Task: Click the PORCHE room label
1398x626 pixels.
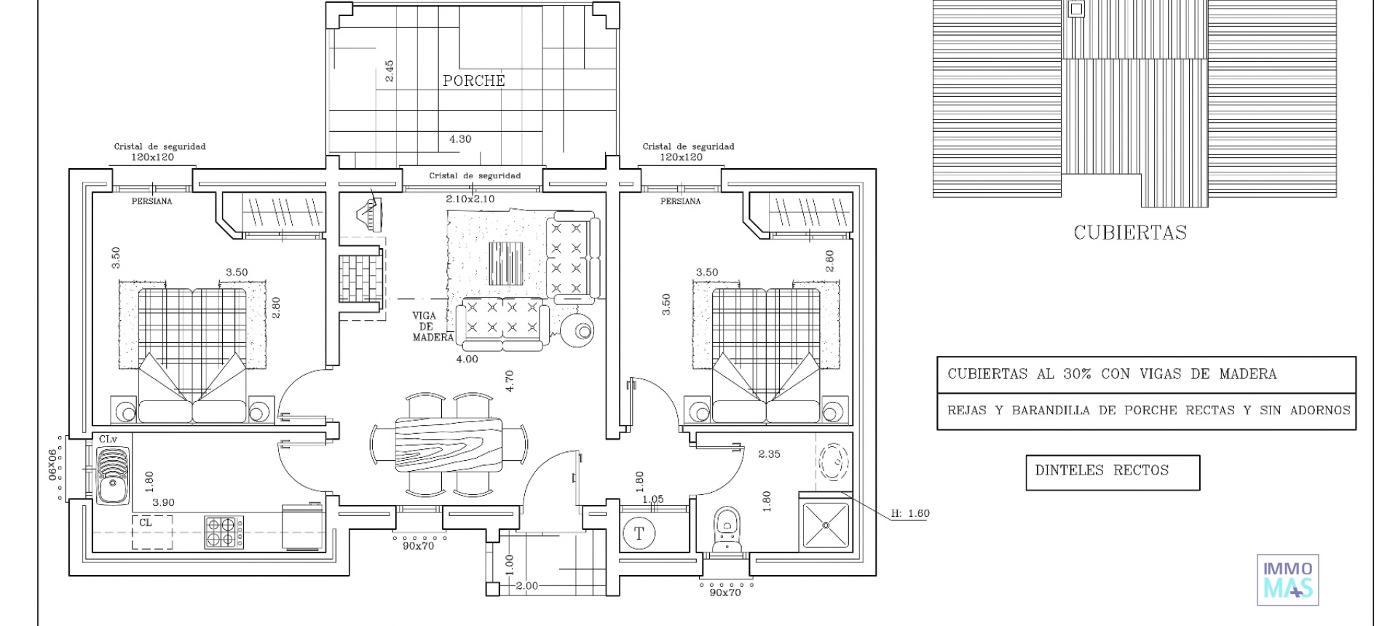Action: click(474, 81)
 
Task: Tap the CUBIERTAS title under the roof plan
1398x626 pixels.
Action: click(1130, 233)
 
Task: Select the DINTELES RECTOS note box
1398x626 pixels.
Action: click(1113, 472)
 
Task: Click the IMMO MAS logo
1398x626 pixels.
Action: click(1288, 580)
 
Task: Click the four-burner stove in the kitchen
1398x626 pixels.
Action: click(224, 531)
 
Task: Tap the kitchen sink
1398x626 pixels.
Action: click(113, 475)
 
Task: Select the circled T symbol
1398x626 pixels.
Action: click(639, 534)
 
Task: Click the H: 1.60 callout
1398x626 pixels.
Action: click(910, 513)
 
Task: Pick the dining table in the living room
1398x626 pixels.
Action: click(449, 444)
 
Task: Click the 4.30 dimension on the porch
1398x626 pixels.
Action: click(460, 139)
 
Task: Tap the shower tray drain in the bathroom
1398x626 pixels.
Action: click(826, 525)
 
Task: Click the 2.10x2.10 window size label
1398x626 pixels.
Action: click(470, 199)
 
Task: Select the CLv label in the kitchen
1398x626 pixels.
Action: click(108, 439)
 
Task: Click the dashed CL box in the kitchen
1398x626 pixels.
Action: click(152, 531)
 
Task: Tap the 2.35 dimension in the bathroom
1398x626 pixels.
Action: click(769, 454)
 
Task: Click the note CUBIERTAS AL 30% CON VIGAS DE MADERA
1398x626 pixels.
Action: click(1112, 374)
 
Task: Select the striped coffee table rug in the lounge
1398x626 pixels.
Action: click(506, 264)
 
